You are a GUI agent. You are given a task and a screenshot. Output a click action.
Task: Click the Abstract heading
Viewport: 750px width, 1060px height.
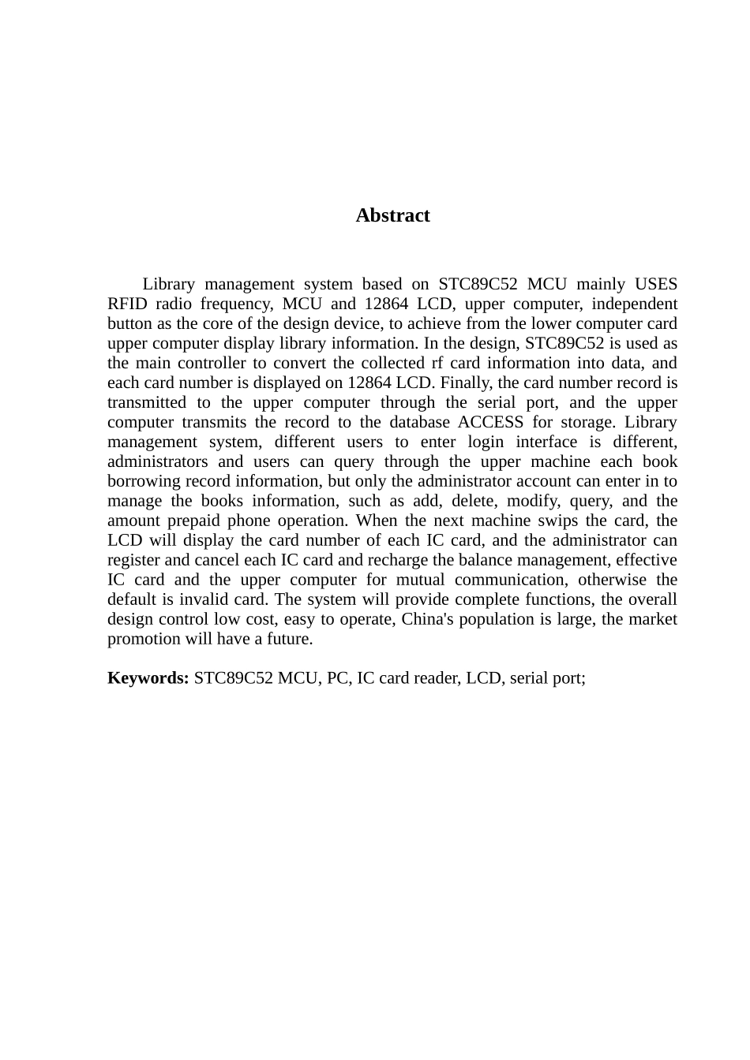pos(392,215)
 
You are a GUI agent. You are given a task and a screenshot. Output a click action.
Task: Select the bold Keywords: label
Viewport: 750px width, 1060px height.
pos(148,678)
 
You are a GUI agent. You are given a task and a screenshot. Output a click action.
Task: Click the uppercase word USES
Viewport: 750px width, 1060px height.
pos(655,284)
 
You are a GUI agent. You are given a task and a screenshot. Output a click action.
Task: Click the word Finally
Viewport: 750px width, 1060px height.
pos(466,383)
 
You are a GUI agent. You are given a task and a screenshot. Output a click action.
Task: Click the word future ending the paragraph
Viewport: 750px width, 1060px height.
pos(290,639)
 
